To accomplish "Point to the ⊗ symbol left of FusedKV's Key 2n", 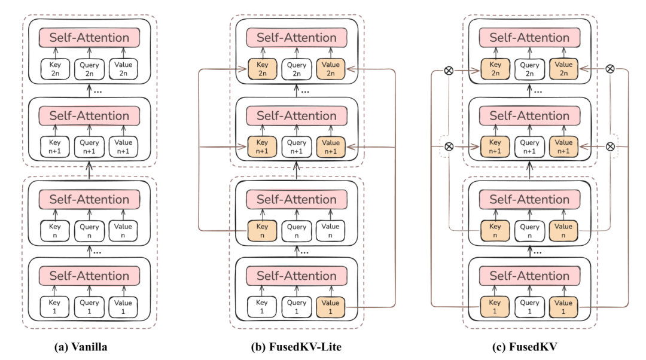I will point(448,69).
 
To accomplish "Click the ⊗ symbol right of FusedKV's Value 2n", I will point(610,69).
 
